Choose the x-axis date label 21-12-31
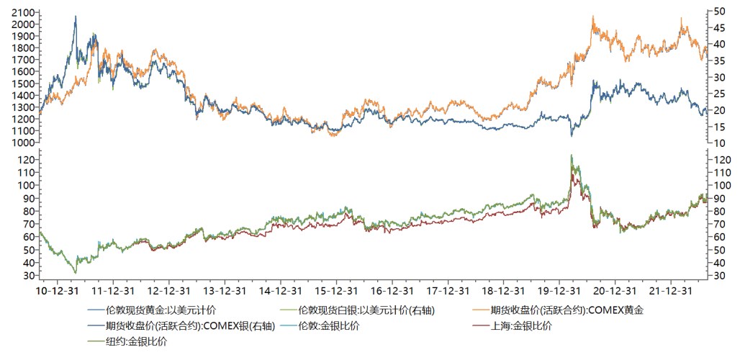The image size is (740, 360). [673, 292]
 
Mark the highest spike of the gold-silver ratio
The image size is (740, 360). [572, 155]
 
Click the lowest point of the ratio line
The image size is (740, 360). [75, 273]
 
